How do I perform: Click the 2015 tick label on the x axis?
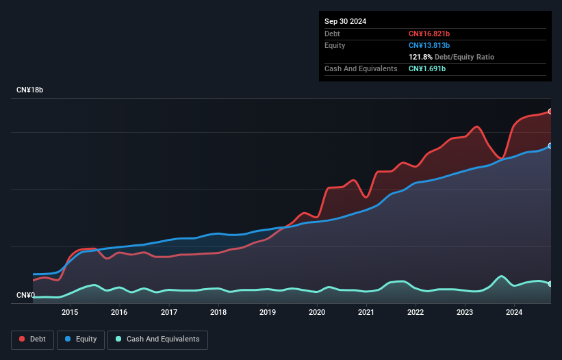pos(70,312)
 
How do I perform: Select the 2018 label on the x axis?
pos(218,312)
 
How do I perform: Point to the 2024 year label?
pos(514,312)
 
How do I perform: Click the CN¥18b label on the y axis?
pos(30,90)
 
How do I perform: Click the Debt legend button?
pos(32,339)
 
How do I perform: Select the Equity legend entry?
pos(81,339)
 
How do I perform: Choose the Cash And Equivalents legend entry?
pos(157,339)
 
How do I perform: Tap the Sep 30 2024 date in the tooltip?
pos(345,21)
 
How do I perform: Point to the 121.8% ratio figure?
pos(420,57)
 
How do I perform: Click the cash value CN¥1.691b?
pos(427,68)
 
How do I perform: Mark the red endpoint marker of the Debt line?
pos(550,111)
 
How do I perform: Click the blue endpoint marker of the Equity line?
pos(550,146)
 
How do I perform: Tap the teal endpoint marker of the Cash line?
pos(550,283)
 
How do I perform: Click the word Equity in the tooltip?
pos(335,45)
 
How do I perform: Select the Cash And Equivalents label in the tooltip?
pos(361,68)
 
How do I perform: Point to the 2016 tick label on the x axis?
pos(119,312)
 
